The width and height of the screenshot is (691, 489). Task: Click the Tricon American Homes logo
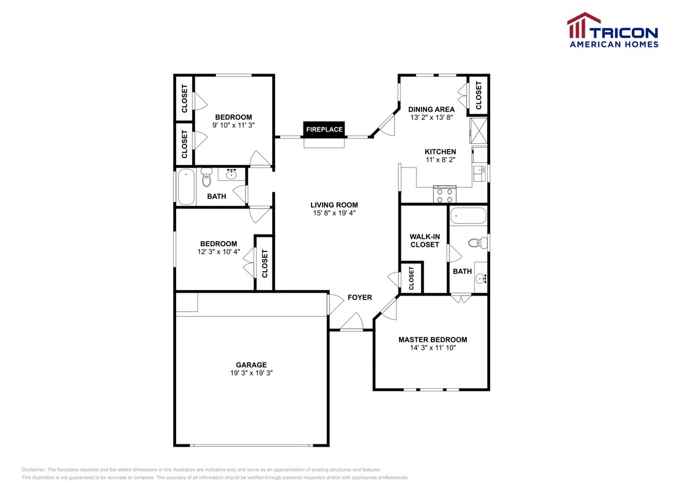[613, 30]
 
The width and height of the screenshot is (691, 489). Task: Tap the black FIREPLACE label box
[324, 129]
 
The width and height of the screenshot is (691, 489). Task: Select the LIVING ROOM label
[334, 205]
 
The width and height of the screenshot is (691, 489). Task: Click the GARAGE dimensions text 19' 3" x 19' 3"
[251, 373]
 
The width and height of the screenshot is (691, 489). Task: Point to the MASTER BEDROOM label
[433, 340]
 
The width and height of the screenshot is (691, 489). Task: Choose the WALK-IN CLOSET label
[425, 241]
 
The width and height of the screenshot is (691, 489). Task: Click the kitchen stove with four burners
[445, 195]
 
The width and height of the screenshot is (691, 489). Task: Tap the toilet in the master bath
[478, 243]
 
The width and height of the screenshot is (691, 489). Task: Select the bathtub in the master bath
[469, 216]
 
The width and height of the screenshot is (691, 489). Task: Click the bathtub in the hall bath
[186, 187]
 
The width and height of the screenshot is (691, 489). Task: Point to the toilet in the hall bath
[206, 177]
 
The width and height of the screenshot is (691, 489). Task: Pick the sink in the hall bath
[231, 174]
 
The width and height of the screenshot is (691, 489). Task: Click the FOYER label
[360, 298]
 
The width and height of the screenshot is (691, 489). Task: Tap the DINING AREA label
[432, 110]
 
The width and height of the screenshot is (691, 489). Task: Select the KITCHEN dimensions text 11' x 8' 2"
[440, 159]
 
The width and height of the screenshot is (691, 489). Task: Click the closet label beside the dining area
[478, 95]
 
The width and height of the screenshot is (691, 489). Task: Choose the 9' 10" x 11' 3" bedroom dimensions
[233, 125]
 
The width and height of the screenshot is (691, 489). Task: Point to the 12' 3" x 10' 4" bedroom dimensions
[218, 252]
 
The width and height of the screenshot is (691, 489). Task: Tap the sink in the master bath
[481, 278]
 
